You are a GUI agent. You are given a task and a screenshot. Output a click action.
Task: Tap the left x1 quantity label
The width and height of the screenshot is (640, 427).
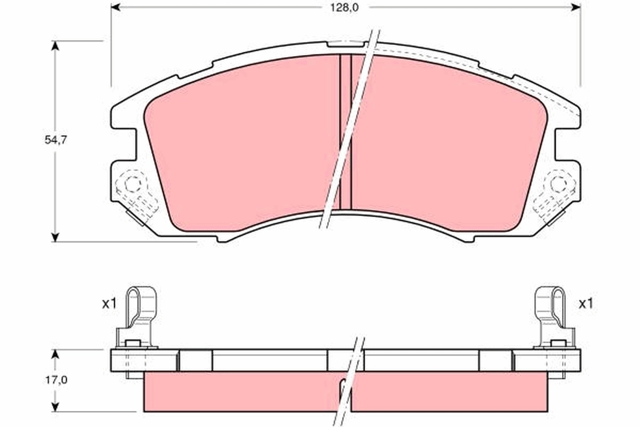[109, 304]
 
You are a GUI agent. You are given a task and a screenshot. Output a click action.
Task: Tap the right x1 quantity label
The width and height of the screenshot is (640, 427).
[586, 304]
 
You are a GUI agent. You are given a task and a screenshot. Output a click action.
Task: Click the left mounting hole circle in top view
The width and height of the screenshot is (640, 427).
[132, 185]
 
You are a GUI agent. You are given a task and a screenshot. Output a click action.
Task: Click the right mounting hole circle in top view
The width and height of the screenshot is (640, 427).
[558, 185]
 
